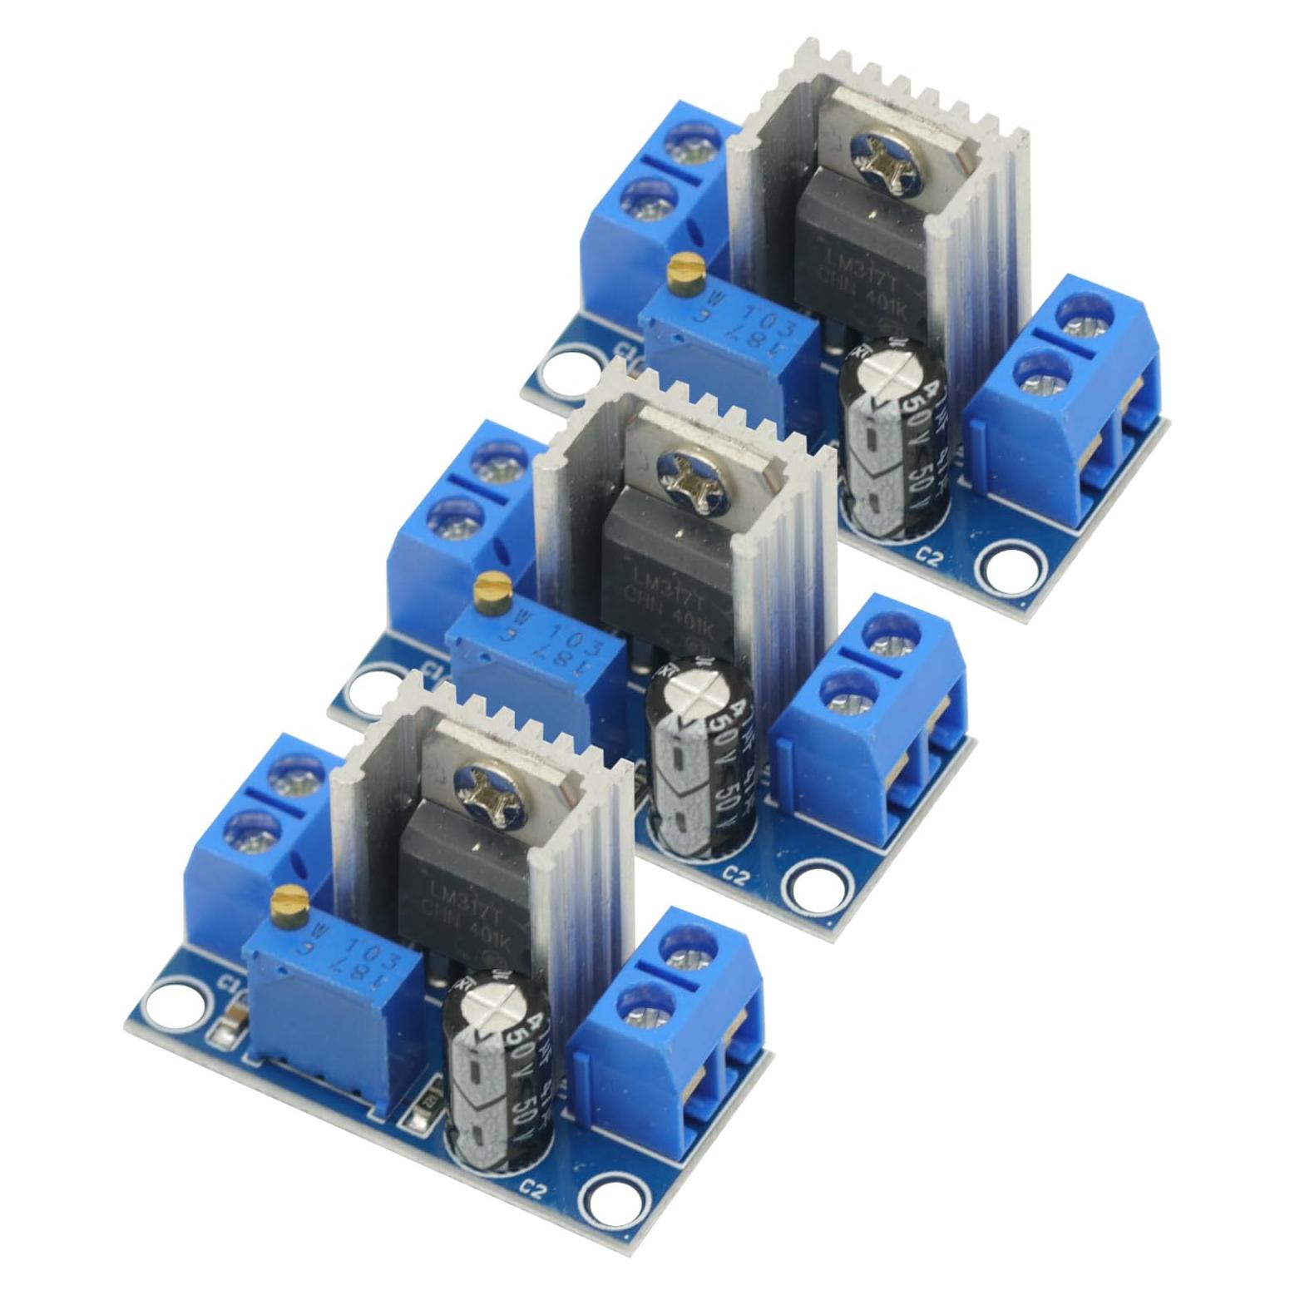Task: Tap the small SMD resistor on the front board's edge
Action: point(419,1120)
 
